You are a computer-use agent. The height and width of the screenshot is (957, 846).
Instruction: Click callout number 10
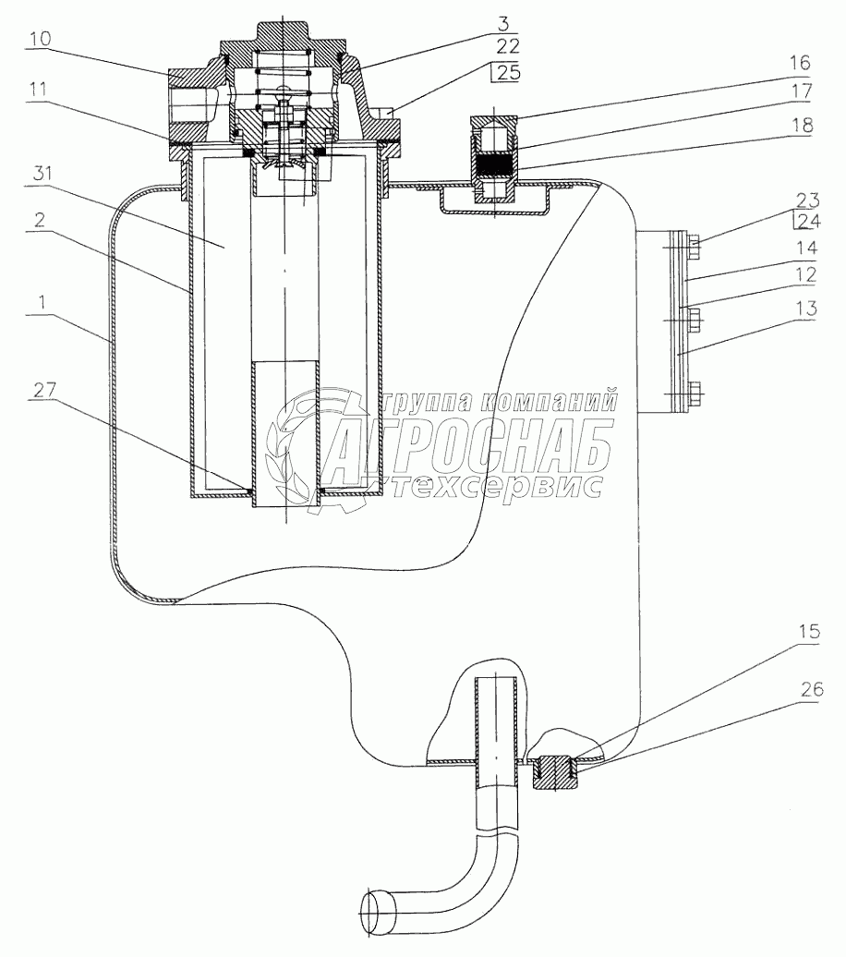click(41, 39)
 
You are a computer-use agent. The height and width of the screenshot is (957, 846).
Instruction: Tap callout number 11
click(39, 90)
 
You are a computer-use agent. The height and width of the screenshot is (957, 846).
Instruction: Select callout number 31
click(42, 174)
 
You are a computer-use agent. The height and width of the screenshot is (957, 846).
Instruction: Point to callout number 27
click(44, 390)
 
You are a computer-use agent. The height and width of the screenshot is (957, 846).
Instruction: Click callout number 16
click(798, 62)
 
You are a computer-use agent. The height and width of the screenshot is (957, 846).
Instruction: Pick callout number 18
click(802, 125)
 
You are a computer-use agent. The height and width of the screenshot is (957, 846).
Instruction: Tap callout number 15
click(809, 631)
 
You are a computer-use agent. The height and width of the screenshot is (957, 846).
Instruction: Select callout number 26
click(811, 690)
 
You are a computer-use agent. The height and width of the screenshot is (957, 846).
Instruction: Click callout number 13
click(805, 309)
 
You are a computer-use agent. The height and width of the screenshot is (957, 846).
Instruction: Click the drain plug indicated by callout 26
click(554, 771)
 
